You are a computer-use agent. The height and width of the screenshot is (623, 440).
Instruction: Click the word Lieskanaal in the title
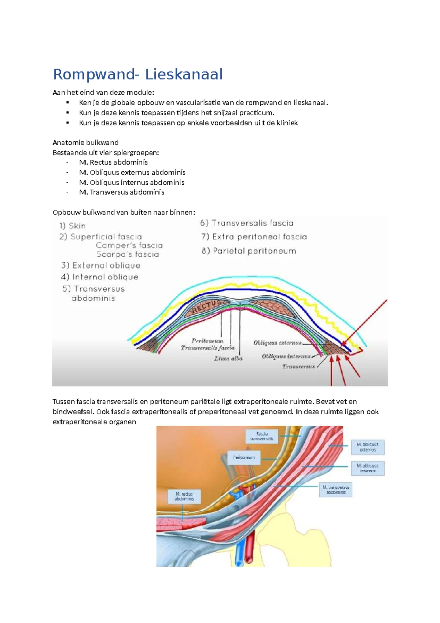click(184, 75)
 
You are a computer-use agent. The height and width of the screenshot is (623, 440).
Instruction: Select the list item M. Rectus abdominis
click(113, 162)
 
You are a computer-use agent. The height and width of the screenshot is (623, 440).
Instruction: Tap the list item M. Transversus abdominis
click(121, 192)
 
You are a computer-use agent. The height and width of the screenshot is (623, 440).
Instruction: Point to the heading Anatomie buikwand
click(85, 143)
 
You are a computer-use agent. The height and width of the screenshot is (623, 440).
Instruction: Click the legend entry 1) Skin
click(72, 226)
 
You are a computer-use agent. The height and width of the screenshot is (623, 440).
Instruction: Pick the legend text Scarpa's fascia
click(128, 254)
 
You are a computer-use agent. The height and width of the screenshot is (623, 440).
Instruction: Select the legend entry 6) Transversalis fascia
click(247, 223)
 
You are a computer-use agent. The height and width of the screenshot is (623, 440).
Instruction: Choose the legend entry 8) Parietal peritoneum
click(249, 251)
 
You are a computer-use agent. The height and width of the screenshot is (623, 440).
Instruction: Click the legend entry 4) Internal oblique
click(100, 277)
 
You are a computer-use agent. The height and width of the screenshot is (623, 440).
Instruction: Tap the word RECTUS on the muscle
click(206, 307)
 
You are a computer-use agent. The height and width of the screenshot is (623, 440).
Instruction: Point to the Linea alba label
click(228, 359)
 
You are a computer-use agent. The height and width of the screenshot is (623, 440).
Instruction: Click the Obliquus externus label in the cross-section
click(277, 343)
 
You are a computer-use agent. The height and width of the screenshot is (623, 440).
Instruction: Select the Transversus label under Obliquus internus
click(298, 366)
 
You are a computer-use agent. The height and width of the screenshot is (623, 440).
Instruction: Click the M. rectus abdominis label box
click(184, 496)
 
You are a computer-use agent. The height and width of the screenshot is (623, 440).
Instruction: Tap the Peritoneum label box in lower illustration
click(244, 457)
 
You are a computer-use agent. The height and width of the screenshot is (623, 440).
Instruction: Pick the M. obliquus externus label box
click(368, 447)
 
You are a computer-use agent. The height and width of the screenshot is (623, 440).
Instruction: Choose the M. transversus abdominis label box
click(336, 490)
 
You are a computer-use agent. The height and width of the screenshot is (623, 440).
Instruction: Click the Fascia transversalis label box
click(262, 436)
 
